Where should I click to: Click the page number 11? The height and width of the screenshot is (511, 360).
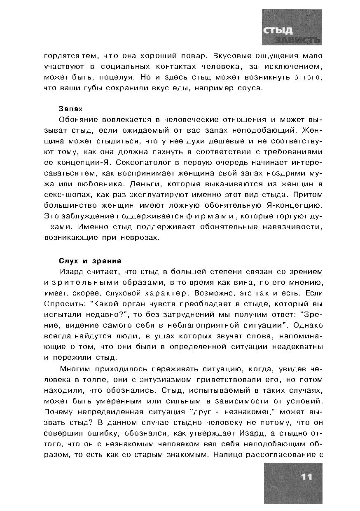[306, 477]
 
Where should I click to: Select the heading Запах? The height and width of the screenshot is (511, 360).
[71, 109]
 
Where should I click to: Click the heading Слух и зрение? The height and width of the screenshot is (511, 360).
[90, 261]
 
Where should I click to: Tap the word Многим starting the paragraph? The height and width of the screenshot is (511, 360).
[75, 369]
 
